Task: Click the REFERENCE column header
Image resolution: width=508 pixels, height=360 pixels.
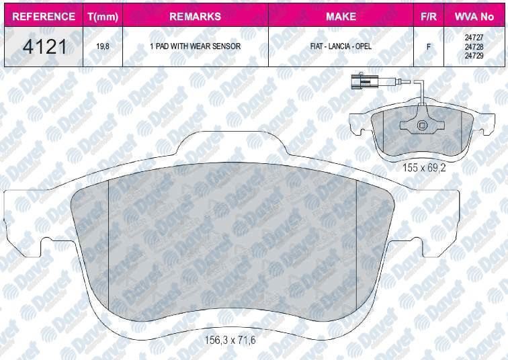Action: click(x=44, y=16)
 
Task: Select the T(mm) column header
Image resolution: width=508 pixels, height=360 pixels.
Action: click(x=103, y=17)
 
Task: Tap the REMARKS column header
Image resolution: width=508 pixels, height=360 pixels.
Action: click(x=195, y=16)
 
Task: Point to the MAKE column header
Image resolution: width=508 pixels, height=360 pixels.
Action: click(x=341, y=16)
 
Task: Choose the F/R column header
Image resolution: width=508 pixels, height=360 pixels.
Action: click(x=428, y=16)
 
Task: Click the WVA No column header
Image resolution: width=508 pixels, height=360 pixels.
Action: click(x=474, y=16)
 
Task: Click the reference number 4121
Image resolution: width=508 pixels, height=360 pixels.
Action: click(x=44, y=46)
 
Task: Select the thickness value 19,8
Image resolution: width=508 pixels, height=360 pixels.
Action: click(x=103, y=46)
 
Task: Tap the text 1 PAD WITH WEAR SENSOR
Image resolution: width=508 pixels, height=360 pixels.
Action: click(x=195, y=46)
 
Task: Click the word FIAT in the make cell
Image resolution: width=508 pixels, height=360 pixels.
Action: click(x=317, y=46)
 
